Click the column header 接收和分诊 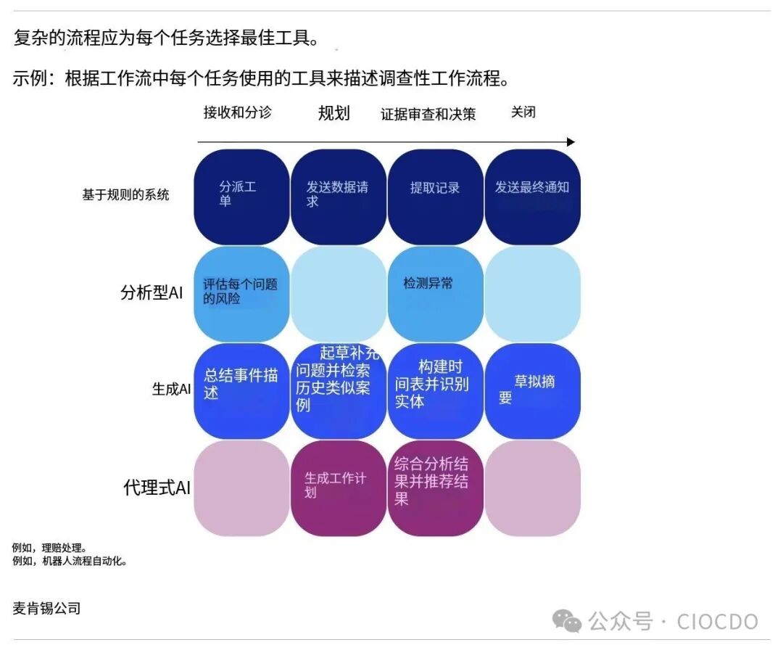237,113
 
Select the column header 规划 333,113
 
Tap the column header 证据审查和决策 428,115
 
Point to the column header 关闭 523,112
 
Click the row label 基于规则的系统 125,194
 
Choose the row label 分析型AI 151,293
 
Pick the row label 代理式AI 157,488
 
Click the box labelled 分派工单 241,196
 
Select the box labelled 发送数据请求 339,196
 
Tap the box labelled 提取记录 436,196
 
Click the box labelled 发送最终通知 533,196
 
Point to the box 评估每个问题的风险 241,293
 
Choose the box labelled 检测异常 436,293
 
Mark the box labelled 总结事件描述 241,390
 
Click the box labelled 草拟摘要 533,390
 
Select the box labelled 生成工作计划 339,488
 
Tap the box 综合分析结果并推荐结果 436,488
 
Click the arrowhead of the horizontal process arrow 571,142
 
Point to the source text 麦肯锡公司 46,609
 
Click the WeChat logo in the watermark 566,621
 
